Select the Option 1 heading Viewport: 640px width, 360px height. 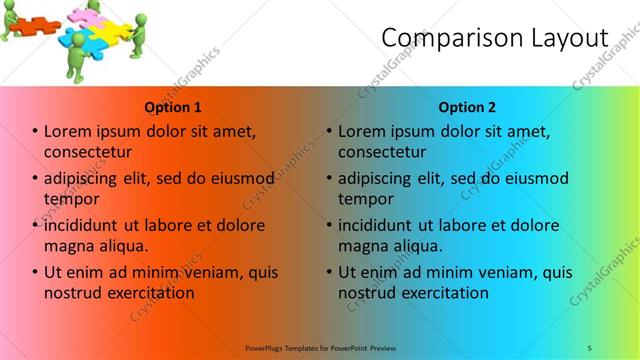coord(173,107)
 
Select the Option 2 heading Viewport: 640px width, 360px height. coord(467,107)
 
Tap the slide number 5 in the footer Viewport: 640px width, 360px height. coord(589,347)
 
